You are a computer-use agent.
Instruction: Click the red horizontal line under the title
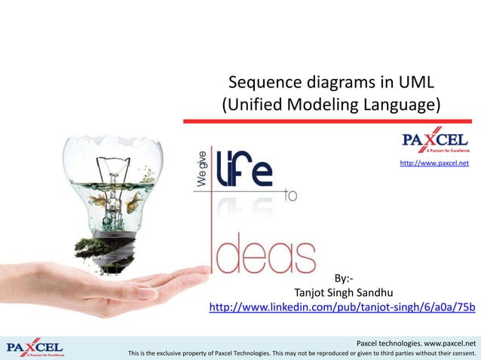(328, 119)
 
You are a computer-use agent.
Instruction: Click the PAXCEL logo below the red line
(436, 141)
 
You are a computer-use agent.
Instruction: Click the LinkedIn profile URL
(342, 307)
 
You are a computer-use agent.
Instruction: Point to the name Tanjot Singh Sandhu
(343, 292)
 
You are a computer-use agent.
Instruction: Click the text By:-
(344, 278)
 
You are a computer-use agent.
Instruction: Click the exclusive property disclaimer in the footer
(302, 352)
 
